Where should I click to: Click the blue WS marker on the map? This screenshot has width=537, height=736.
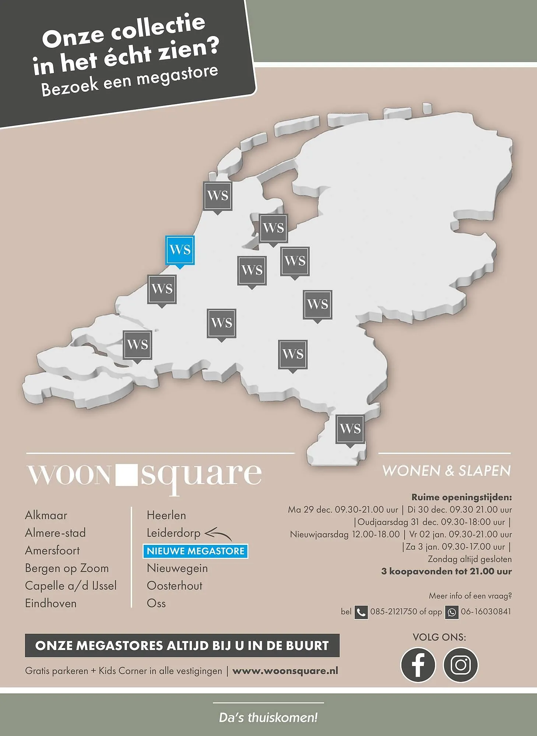pos(180,250)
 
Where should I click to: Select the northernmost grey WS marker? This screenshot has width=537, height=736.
pos(218,196)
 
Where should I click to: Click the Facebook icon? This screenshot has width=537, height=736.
pos(418,665)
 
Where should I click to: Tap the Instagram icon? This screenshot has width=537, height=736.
pos(460,665)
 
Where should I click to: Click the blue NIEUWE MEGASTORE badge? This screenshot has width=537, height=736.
pos(196,551)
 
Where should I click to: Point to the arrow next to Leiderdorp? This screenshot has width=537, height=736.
pos(218,534)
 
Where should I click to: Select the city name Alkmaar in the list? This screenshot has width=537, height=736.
pos(46,515)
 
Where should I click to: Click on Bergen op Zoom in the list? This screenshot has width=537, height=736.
pos(67,568)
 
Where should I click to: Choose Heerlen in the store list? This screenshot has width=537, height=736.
pos(166,515)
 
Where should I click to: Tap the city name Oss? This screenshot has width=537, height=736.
pos(156,604)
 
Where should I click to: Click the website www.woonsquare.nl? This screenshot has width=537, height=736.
pos(285,671)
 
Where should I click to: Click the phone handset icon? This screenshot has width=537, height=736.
pos(361,612)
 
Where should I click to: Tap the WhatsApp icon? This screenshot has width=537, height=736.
pos(452,612)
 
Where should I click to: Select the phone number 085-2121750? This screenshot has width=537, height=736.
pos(394,612)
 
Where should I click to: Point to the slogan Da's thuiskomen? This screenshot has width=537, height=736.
pos(268,717)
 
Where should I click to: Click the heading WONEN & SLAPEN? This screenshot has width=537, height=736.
pos(446,471)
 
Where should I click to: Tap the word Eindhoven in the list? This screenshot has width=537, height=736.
pos(51,604)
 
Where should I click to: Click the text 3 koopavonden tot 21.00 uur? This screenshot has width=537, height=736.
pos(446,572)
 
